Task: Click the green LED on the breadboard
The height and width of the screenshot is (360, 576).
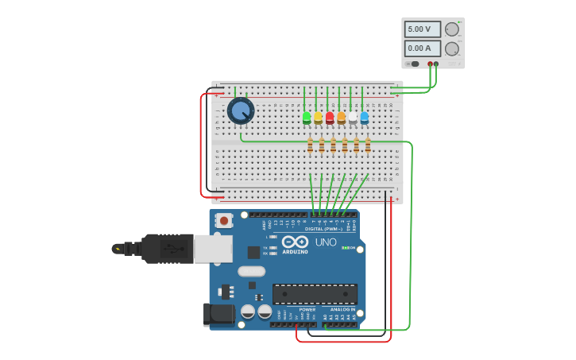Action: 307,118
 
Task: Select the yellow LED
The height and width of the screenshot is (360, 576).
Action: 318,118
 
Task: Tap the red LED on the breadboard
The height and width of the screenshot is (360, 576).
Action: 330,118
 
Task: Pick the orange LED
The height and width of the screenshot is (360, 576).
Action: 341,118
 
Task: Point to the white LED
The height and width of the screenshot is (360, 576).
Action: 353,118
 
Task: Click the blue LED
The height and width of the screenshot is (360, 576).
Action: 364,118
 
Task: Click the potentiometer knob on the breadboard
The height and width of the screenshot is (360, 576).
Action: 240,110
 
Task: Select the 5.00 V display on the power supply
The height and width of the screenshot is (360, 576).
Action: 422,29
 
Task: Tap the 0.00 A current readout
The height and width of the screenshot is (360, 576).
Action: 422,48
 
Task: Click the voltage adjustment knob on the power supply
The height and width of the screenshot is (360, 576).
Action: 452,29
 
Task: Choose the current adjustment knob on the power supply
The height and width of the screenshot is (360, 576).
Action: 452,48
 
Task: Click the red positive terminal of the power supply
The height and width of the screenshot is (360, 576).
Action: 430,64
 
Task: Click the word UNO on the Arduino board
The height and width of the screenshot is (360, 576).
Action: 326,242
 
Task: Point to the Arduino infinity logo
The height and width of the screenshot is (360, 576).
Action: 295,242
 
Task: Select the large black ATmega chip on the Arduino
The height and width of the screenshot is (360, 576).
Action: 315,294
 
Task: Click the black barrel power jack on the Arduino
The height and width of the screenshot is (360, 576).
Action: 219,315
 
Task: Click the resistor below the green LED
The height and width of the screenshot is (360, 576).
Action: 310,145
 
